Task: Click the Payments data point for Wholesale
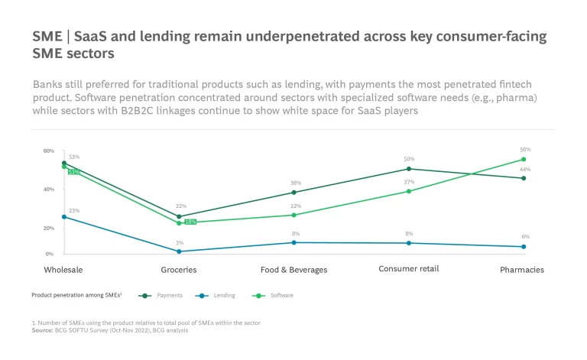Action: [x=64, y=163]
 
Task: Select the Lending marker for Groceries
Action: [x=179, y=251]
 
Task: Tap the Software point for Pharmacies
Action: [x=524, y=160]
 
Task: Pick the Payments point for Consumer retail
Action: [x=409, y=169]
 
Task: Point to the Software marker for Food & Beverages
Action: [x=293, y=215]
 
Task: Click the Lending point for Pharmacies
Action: [x=524, y=247]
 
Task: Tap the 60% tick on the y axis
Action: [x=48, y=151]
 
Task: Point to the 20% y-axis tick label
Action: [x=48, y=228]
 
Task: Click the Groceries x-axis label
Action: [x=179, y=270]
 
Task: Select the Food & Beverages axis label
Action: [x=293, y=270]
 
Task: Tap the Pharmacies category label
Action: [x=522, y=270]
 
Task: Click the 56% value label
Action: [x=525, y=150]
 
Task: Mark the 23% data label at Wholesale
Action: [x=73, y=210]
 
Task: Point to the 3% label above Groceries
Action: [x=180, y=242]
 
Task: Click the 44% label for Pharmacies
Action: [x=525, y=170]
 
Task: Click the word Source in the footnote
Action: [x=43, y=330]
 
